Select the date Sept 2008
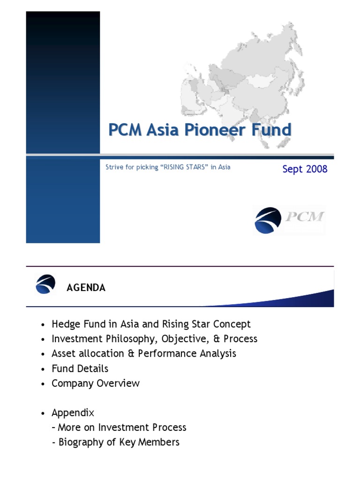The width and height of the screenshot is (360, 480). coord(305,169)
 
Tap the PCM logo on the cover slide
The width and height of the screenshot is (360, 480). coord(289,219)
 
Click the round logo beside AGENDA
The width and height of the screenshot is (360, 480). coord(45,285)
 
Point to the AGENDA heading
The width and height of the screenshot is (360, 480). coord(86,288)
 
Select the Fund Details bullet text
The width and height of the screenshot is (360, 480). coord(80,368)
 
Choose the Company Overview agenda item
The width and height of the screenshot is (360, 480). coord(96,383)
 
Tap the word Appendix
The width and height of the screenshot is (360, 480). coord(73,413)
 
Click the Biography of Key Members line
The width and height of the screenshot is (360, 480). coord(119,442)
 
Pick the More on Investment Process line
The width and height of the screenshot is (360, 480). coord(122,427)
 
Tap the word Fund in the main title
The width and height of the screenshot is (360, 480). coord(271,129)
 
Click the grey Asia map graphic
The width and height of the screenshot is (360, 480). coord(244,75)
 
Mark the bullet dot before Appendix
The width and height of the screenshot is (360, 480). coord(43,413)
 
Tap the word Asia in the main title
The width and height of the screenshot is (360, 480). coord(162,129)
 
